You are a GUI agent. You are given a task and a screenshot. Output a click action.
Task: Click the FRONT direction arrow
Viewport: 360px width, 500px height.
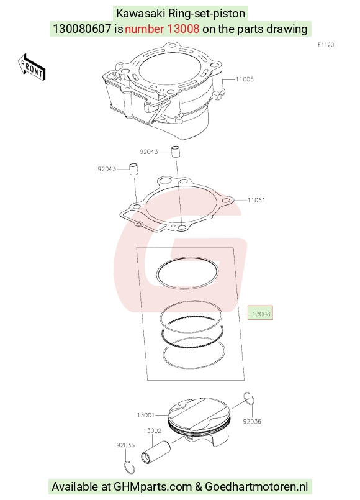pyautogui.click(x=32, y=67)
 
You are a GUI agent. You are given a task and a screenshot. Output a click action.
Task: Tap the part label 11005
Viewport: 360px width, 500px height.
pyautogui.click(x=245, y=79)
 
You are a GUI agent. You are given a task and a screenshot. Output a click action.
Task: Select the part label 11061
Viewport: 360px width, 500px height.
pyautogui.click(x=256, y=200)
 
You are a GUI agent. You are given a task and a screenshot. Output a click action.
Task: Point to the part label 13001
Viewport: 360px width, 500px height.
pyautogui.click(x=146, y=415)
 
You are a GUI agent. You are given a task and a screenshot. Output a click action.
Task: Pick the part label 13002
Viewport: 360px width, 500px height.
pyautogui.click(x=152, y=430)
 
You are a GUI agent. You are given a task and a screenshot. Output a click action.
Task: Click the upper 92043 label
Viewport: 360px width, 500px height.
pyautogui.click(x=149, y=152)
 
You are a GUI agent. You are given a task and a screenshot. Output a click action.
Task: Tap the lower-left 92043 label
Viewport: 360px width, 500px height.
pyautogui.click(x=107, y=169)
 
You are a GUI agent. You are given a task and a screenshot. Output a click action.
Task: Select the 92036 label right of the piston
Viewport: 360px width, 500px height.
pyautogui.click(x=252, y=422)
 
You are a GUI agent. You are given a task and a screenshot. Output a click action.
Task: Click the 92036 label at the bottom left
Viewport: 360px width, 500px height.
pyautogui.click(x=125, y=445)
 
